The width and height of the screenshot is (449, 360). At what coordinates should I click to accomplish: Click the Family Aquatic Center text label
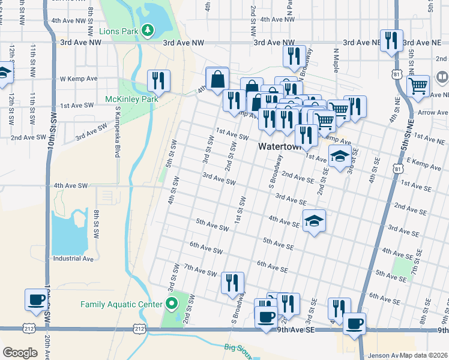[x=122, y=304]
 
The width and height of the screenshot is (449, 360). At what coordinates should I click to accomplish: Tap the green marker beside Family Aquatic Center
[x=172, y=304]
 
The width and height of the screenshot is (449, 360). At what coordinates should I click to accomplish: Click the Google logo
[x=20, y=353]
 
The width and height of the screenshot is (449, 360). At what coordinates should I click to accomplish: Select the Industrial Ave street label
[x=74, y=259]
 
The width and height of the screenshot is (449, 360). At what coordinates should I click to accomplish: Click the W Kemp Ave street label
[x=79, y=79]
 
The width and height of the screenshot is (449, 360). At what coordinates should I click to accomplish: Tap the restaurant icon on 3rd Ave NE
[x=391, y=40]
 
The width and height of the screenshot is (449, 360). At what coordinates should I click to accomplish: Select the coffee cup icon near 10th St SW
[x=36, y=299]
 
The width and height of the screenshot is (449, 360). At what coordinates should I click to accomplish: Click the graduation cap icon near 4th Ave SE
[x=314, y=220]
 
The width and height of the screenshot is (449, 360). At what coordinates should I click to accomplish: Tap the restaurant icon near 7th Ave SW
[x=232, y=283]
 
